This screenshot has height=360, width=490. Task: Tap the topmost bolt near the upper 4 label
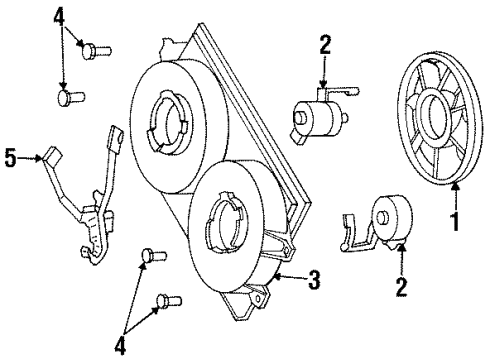click(x=97, y=48)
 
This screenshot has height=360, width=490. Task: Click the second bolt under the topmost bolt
click(x=71, y=98)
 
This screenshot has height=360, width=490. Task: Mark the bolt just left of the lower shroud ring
click(x=153, y=256)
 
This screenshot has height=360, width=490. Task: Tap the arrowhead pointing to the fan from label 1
click(x=455, y=186)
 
